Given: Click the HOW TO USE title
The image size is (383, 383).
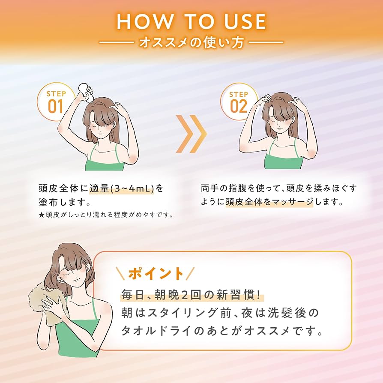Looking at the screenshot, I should tap(191, 21).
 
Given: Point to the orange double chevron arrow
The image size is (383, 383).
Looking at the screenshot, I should tap(191, 134).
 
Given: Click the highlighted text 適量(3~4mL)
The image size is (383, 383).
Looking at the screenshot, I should tap(122, 189).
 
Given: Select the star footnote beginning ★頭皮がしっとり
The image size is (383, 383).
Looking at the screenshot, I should tap(106, 214).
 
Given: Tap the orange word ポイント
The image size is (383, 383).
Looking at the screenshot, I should tap(156, 273).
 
